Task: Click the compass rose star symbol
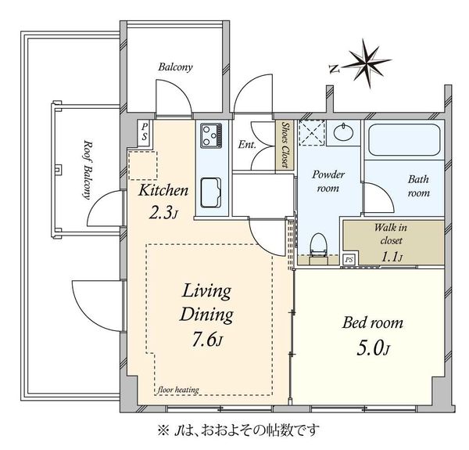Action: point(367,63)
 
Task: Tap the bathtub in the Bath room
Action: point(404,139)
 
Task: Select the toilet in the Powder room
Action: point(317,245)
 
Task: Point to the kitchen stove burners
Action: point(211,135)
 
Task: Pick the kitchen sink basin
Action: point(211,193)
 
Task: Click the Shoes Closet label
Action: point(286,145)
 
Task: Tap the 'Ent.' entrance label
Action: point(247,145)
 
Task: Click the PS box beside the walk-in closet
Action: point(349,260)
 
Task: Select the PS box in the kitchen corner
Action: point(145,133)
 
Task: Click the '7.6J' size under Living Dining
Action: point(207,340)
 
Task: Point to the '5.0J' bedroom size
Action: point(374,348)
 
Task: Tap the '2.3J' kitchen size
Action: point(163,213)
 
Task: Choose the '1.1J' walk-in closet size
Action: point(392,257)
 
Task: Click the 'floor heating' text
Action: point(178,390)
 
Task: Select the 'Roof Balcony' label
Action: point(88,170)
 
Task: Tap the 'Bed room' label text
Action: point(373,322)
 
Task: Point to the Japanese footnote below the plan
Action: point(238,431)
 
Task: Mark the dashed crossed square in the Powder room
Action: point(312,133)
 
